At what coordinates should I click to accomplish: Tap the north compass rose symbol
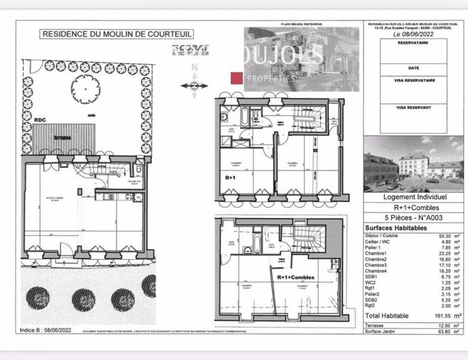(x=194, y=85)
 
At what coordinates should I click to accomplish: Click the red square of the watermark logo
(x=236, y=78)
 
